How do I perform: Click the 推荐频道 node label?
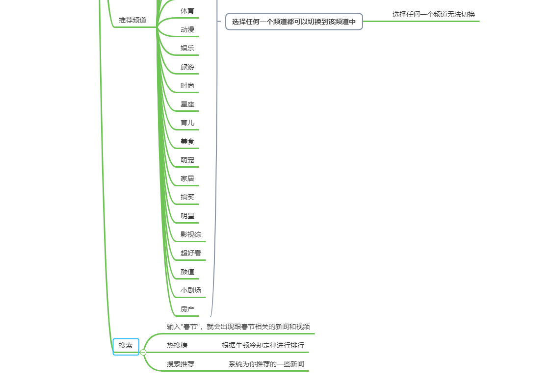point(132,21)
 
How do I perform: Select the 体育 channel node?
point(187,11)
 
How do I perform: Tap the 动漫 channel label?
point(187,29)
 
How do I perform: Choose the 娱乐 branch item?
point(187,48)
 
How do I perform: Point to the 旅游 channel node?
point(187,67)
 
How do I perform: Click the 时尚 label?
point(187,85)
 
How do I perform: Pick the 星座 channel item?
point(187,104)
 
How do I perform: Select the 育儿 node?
point(187,123)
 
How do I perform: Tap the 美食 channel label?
point(187,141)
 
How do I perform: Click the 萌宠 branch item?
point(187,160)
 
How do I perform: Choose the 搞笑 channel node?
point(187,197)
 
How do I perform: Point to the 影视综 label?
point(191,234)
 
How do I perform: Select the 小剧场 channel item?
point(191,290)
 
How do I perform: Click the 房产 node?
point(187,309)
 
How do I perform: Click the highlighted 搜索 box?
point(126,346)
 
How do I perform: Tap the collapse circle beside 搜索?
point(143,352)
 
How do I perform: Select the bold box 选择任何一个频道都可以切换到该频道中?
point(294,22)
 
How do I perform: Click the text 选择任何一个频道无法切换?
point(434,15)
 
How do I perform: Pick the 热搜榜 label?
point(177,345)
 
